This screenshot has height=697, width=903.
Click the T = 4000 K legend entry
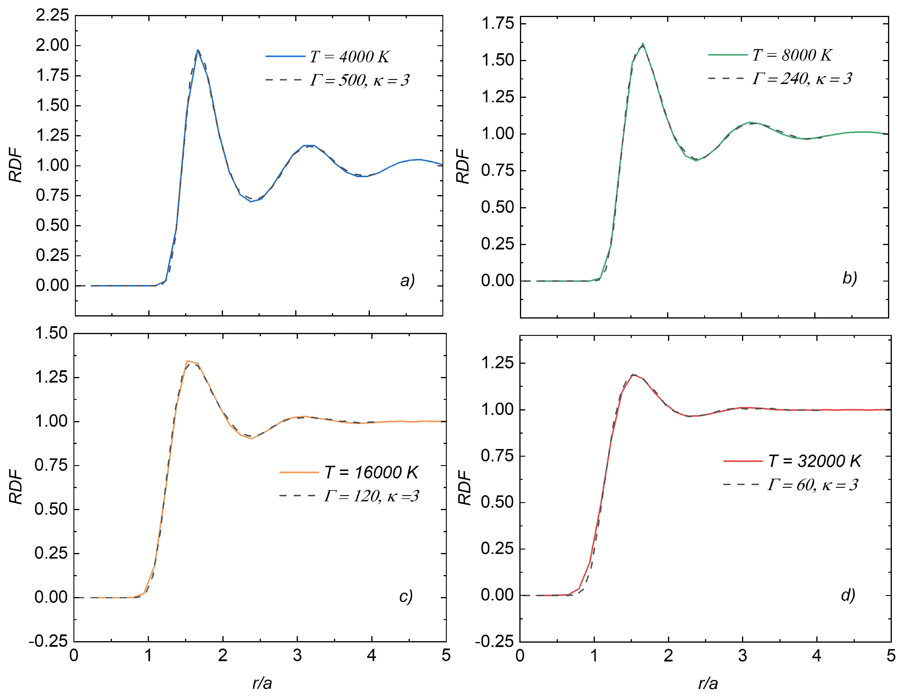(x=349, y=57)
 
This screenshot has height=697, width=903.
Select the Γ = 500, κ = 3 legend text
(x=359, y=80)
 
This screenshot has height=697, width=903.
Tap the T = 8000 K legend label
(x=792, y=55)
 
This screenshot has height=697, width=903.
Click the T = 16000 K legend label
(x=371, y=473)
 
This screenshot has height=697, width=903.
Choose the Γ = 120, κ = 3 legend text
(x=371, y=495)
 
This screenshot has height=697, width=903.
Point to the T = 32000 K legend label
(x=814, y=461)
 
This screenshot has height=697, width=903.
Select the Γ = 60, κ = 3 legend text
(x=813, y=484)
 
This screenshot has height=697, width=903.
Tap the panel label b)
(x=850, y=278)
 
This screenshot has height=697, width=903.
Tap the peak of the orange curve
(x=187, y=361)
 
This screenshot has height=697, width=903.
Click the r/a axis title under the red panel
(x=708, y=683)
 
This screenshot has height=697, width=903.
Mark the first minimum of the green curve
(x=696, y=160)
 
